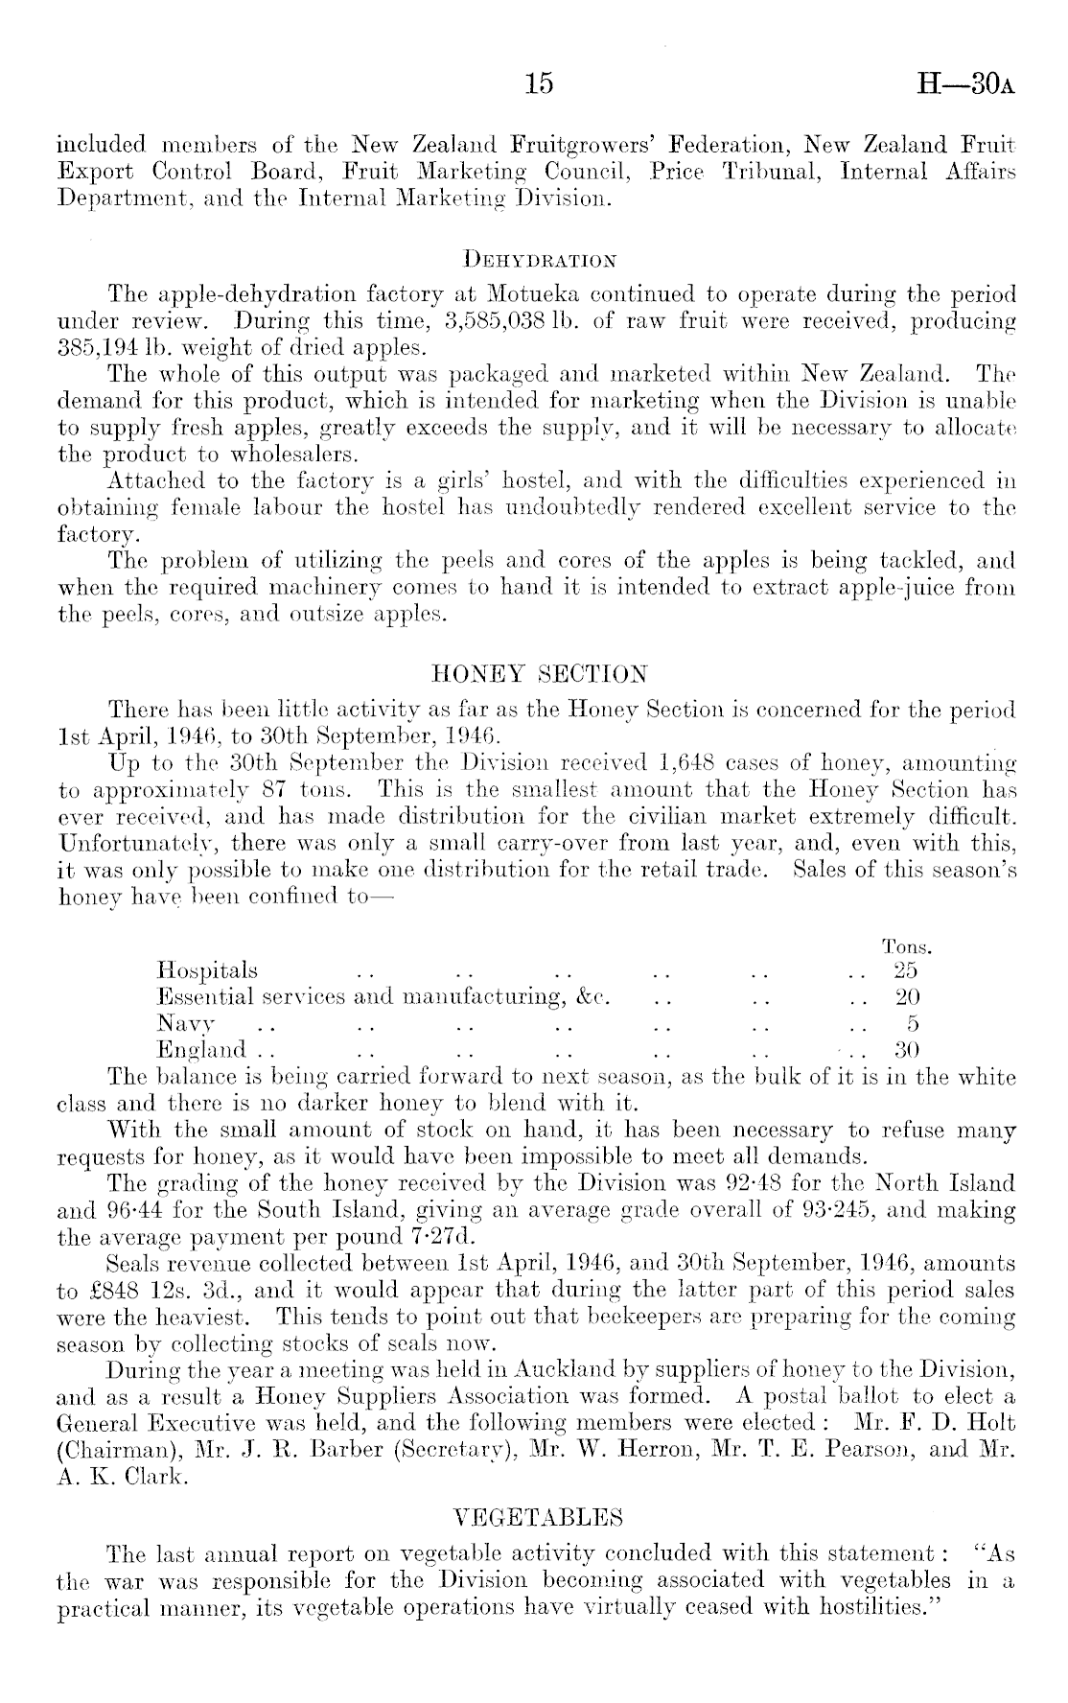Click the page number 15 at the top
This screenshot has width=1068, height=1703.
[540, 84]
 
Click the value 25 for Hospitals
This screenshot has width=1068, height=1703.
[906, 971]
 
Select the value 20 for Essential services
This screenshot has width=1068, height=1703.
[906, 997]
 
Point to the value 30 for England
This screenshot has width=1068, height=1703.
[906, 1049]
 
